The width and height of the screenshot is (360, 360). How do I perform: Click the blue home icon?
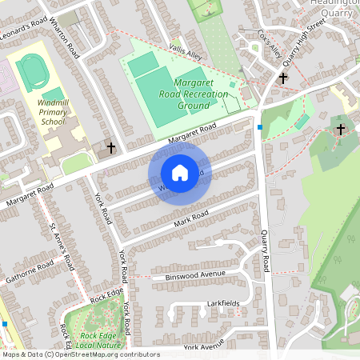(x=180, y=173)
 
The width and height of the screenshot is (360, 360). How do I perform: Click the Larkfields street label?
(x=223, y=305)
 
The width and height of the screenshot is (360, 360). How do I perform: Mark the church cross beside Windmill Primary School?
(x=111, y=147)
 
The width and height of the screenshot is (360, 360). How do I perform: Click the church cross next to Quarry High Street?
(x=283, y=78)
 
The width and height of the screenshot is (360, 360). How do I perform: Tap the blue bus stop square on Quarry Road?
(x=260, y=126)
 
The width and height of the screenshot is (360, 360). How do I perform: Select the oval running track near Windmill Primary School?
(x=33, y=73)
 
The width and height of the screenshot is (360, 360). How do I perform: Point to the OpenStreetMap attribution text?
(x=80, y=354)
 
